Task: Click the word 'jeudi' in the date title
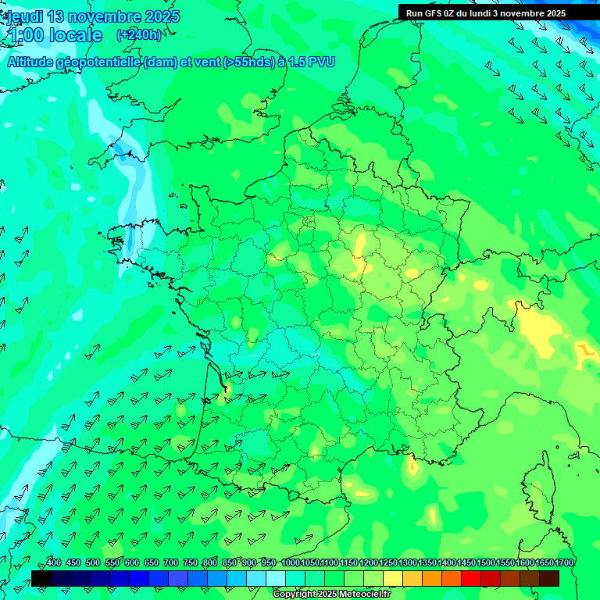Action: pyautogui.click(x=24, y=16)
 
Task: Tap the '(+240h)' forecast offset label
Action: pyautogui.click(x=139, y=34)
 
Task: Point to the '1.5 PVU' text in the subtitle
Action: pyautogui.click(x=312, y=62)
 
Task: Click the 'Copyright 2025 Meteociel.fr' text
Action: pyautogui.click(x=332, y=594)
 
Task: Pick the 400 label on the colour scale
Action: pyautogui.click(x=54, y=562)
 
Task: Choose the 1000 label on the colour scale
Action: pyautogui.click(x=291, y=562)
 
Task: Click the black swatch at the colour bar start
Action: pyautogui.click(x=41, y=578)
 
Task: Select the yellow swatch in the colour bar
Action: pyautogui.click(x=393, y=578)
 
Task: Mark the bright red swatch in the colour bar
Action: pyautogui.click(x=471, y=578)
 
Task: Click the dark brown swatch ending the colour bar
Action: pyautogui.click(x=549, y=578)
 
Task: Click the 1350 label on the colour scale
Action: pyautogui.click(x=427, y=562)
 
